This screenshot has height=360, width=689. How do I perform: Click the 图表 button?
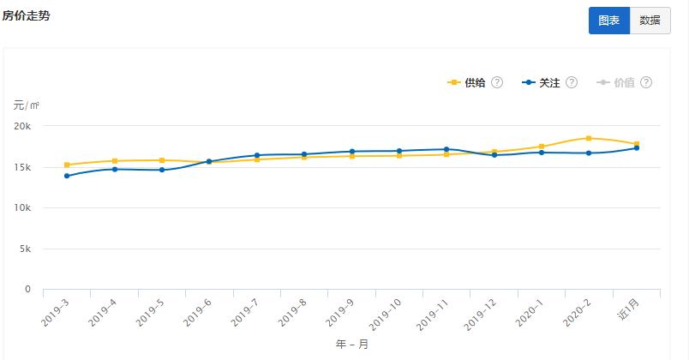[x=608, y=21]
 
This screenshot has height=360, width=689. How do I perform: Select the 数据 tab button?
[x=650, y=21]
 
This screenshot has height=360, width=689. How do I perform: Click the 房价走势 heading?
[x=26, y=15]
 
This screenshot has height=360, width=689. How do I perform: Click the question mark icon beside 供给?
[x=497, y=83]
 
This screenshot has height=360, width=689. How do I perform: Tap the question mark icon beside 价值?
[x=646, y=83]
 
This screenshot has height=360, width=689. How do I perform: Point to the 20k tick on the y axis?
[x=23, y=126]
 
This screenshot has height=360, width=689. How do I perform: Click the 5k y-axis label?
[x=26, y=249]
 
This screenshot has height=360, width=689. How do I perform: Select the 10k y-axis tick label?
[x=23, y=208]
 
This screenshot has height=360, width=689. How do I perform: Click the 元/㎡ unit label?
[x=26, y=105]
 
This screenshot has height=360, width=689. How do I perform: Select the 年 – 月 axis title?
[x=351, y=345]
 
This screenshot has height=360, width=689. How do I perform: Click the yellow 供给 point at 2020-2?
[x=589, y=138]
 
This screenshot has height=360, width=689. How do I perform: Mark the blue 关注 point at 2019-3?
[x=67, y=176]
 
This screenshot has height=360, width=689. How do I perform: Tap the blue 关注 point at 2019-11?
[x=446, y=149]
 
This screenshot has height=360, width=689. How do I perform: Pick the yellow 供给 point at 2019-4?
[x=114, y=160]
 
